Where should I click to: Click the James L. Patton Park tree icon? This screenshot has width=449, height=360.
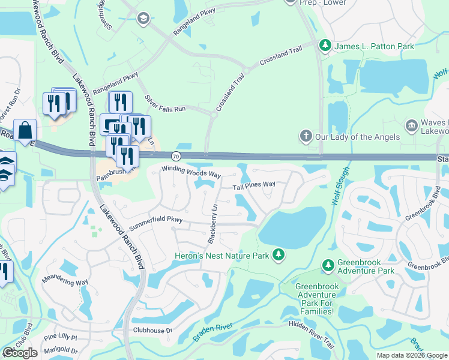coord(325,46)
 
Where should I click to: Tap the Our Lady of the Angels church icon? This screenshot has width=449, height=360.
coord(306,136)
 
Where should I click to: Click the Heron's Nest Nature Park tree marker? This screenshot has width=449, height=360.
coord(279,256)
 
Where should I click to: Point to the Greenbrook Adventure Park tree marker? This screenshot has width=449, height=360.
coord(328,265)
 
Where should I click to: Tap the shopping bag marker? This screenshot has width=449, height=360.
coord(25,130)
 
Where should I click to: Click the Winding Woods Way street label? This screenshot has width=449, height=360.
coord(191,172)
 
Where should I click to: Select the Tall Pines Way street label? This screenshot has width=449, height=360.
coord(254,185)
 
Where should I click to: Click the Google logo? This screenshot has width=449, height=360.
coord(20,353)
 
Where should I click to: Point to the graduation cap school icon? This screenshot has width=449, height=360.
coord(143,19)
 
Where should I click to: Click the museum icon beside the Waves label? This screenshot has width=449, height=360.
coord(412,125)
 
